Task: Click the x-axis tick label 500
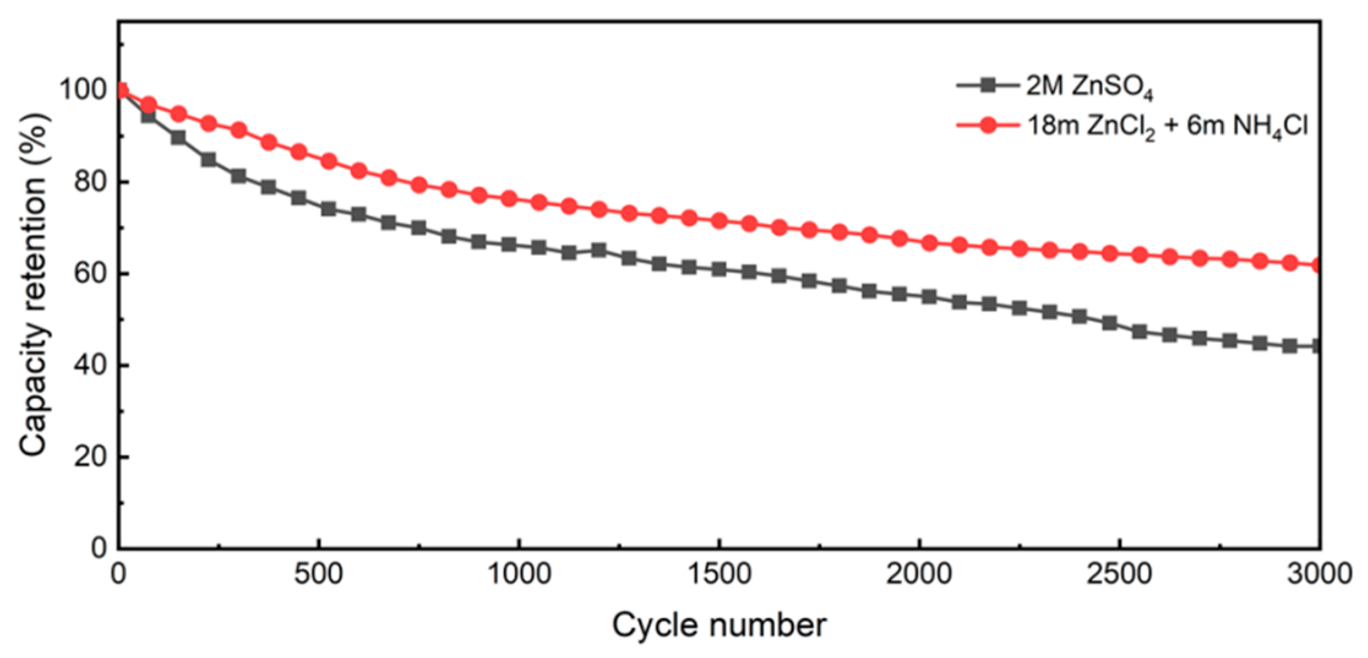click(318, 574)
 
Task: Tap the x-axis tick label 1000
click(519, 574)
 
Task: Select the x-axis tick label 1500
click(719, 574)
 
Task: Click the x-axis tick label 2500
click(1119, 574)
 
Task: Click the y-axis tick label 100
click(83, 90)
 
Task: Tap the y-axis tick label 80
click(91, 182)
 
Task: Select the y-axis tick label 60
click(91, 274)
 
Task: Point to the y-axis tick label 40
click(91, 365)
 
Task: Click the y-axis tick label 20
click(91, 457)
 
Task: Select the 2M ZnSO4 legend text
click(1089, 87)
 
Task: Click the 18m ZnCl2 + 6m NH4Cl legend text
click(1167, 127)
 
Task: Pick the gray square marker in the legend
click(987, 85)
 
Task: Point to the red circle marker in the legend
click(988, 125)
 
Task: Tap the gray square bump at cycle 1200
click(599, 250)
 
